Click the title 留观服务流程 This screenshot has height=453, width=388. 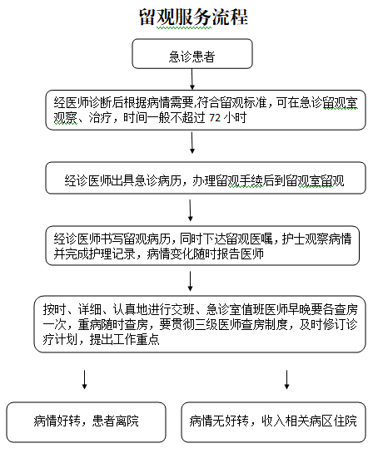(x=193, y=17)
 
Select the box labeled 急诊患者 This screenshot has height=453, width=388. (x=192, y=54)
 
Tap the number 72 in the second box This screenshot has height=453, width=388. (x=215, y=118)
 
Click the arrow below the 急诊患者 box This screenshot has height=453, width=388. (x=192, y=79)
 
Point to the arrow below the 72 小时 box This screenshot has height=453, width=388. (x=192, y=143)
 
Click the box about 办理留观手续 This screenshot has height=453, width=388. (x=206, y=178)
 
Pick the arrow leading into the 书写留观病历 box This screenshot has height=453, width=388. (x=191, y=210)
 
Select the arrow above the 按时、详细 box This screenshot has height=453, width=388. (x=191, y=281)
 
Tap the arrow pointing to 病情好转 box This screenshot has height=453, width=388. (x=84, y=379)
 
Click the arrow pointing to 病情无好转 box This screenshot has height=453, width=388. (x=286, y=379)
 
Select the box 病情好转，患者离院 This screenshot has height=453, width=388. (x=87, y=422)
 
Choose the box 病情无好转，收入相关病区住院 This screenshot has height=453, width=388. (x=273, y=422)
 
